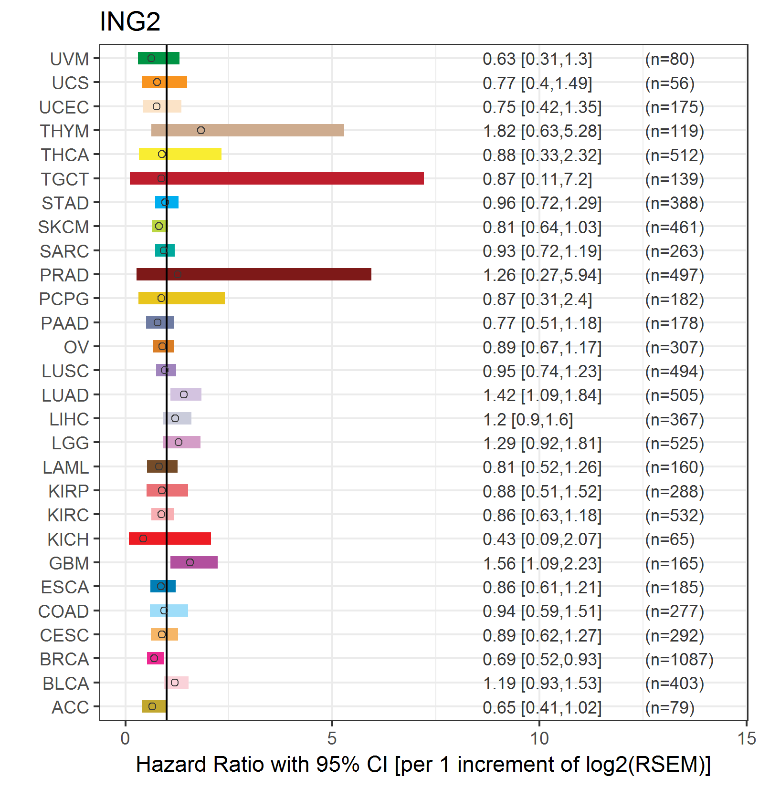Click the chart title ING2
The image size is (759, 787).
point(130,21)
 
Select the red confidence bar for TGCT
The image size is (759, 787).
point(277,178)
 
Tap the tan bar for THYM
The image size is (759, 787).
point(248,130)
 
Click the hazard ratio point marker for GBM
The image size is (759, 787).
point(190,562)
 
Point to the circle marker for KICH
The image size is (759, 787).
point(143,538)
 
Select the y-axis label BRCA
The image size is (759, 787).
point(64,659)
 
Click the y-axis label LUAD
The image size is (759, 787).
point(65,395)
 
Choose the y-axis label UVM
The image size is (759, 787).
point(70,59)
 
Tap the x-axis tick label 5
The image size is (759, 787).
point(332,739)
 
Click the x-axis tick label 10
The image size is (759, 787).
point(539,739)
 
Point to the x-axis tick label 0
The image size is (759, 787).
point(125,739)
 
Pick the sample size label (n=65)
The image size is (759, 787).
point(670,539)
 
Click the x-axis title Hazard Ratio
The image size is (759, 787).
point(423,765)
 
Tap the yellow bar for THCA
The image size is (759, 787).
point(180,154)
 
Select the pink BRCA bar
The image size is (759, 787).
point(155,658)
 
